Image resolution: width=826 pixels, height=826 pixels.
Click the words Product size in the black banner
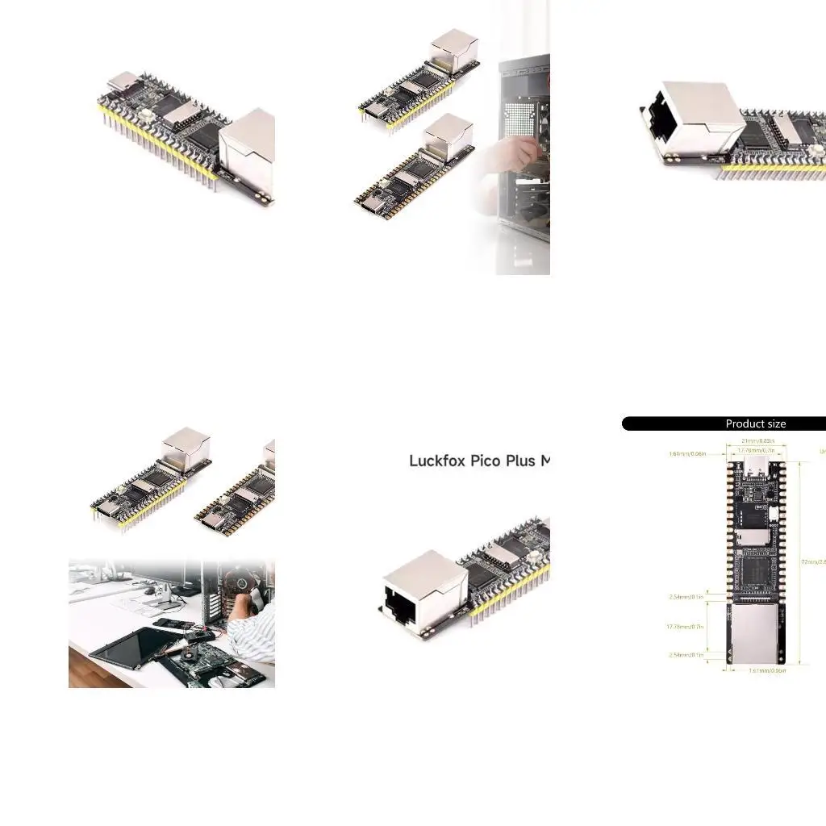point(755,423)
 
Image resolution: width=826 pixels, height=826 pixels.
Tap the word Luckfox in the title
point(436,461)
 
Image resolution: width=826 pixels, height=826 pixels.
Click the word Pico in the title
point(486,461)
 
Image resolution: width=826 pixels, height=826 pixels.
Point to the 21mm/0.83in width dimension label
point(757,440)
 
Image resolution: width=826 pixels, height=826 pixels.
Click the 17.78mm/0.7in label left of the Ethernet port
point(685,626)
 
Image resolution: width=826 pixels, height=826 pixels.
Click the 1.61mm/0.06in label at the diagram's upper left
point(687,453)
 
